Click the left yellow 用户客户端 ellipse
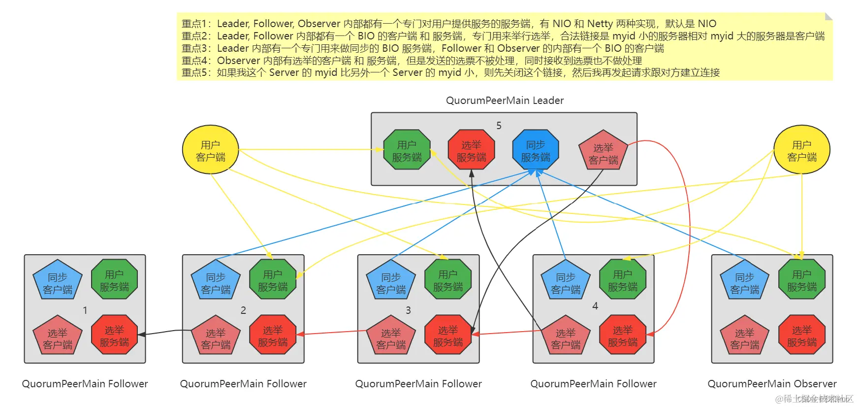[210, 151]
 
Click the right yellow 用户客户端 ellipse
[801, 151]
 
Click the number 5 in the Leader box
[499, 126]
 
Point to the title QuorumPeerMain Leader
[505, 101]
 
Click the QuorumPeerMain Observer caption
[772, 384]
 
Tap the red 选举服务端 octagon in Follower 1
[114, 336]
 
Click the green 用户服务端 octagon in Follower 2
[273, 280]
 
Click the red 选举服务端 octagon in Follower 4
[622, 336]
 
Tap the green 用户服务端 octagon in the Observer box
[801, 280]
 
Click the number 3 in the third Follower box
[408, 310]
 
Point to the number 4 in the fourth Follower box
[595, 306]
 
